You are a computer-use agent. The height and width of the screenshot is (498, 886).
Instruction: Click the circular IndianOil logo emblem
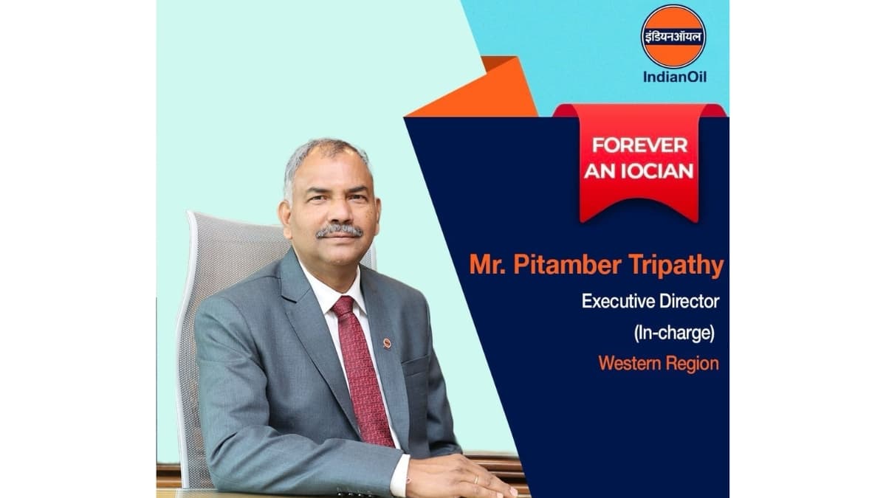point(673,36)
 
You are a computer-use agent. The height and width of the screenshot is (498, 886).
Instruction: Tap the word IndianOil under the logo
point(673,77)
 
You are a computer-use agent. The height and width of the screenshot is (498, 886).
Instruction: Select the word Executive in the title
point(617,301)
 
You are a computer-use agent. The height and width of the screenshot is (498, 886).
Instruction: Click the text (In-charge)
point(675,332)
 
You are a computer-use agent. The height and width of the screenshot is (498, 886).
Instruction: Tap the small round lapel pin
point(387,343)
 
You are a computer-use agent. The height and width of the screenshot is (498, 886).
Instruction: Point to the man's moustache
point(339,231)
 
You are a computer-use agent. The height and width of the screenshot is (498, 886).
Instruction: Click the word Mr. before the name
point(484,267)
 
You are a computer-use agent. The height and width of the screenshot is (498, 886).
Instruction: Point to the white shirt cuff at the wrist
point(399,473)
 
